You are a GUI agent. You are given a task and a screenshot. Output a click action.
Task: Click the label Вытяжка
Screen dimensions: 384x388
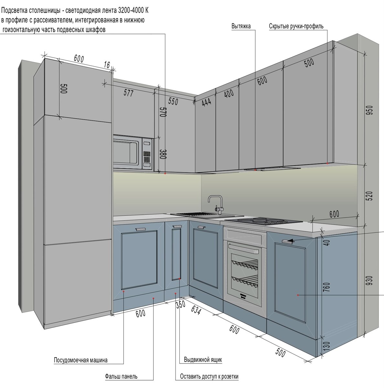(241, 27)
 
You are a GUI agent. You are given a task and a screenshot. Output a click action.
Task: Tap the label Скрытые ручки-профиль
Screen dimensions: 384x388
(296, 27)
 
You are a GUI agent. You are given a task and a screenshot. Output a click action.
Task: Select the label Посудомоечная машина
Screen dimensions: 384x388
(80, 360)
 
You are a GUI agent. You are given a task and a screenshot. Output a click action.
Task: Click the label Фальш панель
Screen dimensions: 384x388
(121, 376)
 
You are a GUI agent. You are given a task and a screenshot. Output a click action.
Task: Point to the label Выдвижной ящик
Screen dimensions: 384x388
(203, 360)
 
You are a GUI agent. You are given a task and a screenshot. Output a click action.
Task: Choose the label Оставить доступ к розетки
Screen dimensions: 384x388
(209, 376)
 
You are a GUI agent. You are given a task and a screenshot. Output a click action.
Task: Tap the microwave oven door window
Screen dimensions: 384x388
(126, 153)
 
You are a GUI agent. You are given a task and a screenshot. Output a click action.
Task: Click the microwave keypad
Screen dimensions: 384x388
(147, 157)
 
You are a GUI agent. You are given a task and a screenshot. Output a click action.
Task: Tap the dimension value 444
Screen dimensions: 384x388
(206, 102)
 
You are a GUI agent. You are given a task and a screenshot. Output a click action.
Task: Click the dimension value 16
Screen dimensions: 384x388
(107, 65)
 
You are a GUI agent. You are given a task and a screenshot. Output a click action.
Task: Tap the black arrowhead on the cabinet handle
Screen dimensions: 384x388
(291, 241)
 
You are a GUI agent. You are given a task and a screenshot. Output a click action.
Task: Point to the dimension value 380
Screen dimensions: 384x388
(163, 155)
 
